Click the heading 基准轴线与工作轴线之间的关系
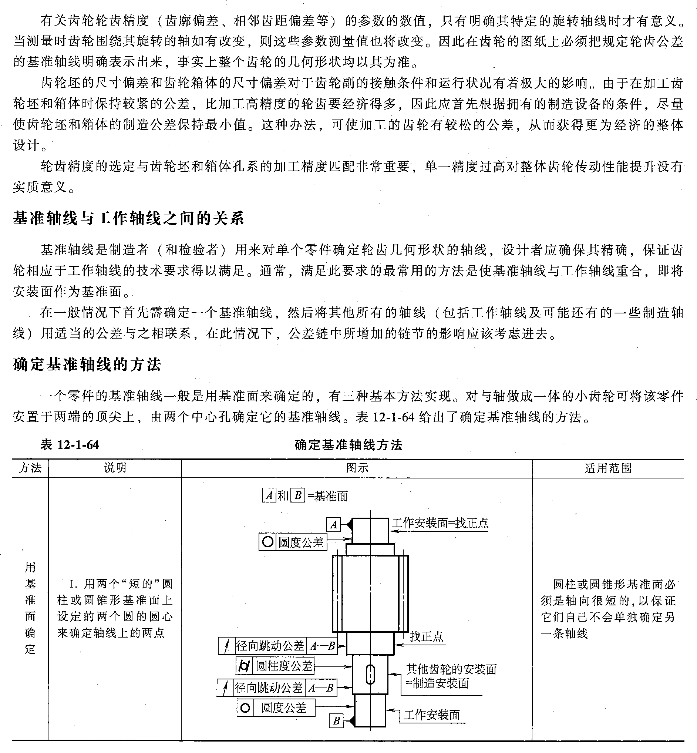click(x=129, y=218)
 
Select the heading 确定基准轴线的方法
click(x=87, y=364)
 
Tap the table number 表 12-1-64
click(x=70, y=445)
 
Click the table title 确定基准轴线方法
click(x=348, y=445)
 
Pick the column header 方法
click(x=30, y=468)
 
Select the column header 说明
click(x=115, y=468)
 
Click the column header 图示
click(x=357, y=468)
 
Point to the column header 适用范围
click(x=607, y=468)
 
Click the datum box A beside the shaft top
click(x=333, y=525)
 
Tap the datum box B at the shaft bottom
click(x=336, y=721)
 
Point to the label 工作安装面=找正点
click(x=440, y=523)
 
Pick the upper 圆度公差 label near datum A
click(x=301, y=542)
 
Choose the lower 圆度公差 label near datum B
click(x=284, y=708)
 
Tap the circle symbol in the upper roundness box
click(x=267, y=542)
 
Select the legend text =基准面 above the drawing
click(x=327, y=496)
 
